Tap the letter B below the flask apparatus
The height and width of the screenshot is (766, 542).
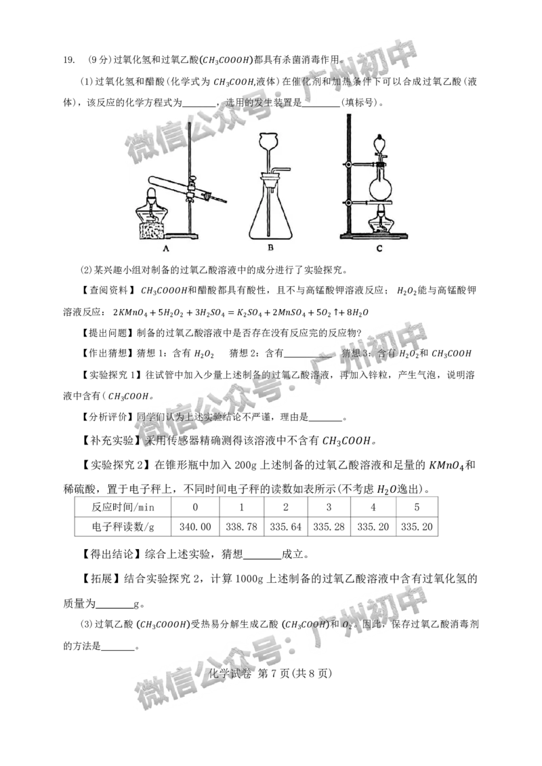270,249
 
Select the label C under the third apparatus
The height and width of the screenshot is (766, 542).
379,249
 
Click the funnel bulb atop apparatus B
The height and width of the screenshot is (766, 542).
270,144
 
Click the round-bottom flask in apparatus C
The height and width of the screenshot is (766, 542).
379,186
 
